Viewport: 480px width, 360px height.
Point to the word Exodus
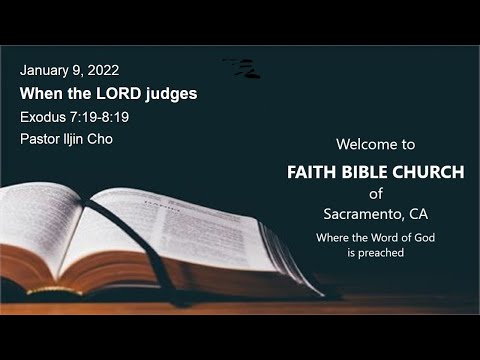click(x=41, y=117)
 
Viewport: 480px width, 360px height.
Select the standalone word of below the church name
click(x=375, y=194)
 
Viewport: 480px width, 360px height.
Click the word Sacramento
click(x=362, y=214)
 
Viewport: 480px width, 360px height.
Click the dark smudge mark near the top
click(x=243, y=68)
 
